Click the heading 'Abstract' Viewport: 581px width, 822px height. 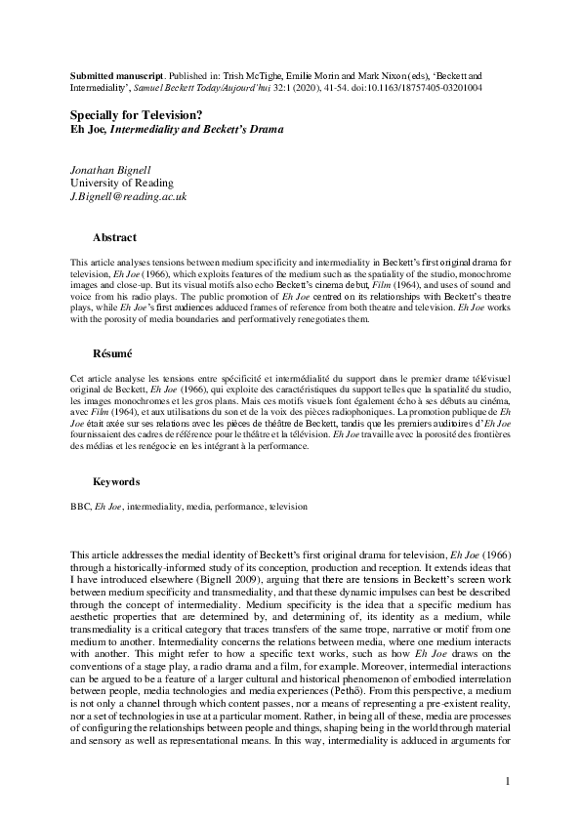coord(114,237)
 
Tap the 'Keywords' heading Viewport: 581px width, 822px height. coord(116,482)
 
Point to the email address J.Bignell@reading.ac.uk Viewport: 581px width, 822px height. coord(129,196)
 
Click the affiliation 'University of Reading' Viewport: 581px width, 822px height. coord(122,183)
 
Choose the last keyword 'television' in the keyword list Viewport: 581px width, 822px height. coord(287,508)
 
